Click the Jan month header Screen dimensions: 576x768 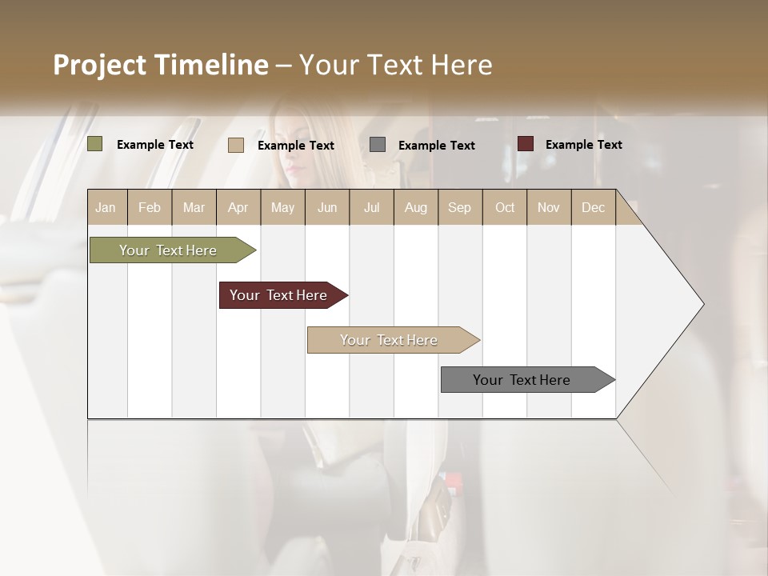tap(106, 207)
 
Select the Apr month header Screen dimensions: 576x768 tap(238, 207)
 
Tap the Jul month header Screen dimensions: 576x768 tap(371, 207)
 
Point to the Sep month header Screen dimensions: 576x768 tap(459, 207)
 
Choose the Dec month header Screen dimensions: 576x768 tap(593, 207)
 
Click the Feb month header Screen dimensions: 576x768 tap(150, 207)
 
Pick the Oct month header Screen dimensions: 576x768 tap(505, 207)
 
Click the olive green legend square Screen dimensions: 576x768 tap(95, 144)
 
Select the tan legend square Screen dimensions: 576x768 tap(236, 145)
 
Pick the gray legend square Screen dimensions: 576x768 tap(378, 144)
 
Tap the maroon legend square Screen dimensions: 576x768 tap(526, 144)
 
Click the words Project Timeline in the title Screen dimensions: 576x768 tap(161, 65)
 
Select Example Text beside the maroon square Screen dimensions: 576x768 tap(583, 145)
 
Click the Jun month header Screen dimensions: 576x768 tap(327, 207)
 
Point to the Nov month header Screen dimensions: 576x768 tap(549, 207)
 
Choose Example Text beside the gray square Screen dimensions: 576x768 tap(436, 146)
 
